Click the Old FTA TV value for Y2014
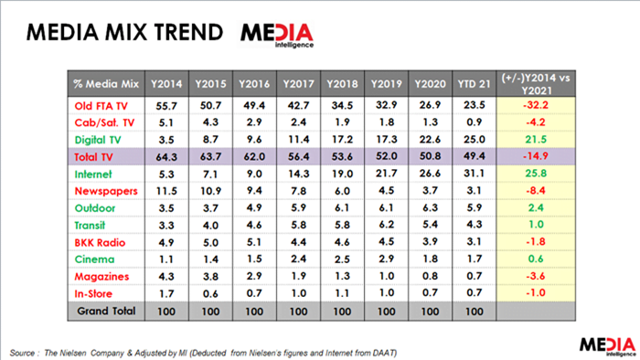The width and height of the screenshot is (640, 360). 166,106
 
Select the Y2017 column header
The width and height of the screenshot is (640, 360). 298,84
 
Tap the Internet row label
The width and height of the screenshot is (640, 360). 92,175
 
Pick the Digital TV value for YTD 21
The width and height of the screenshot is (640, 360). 475,140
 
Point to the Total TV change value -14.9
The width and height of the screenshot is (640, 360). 536,156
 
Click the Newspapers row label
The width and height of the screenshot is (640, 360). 106,191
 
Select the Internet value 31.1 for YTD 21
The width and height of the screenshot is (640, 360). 475,175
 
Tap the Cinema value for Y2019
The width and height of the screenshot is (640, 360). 386,259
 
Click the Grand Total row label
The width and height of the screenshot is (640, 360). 106,311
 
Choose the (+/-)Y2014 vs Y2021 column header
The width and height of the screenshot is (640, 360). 536,84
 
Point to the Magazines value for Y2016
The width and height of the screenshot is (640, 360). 254,276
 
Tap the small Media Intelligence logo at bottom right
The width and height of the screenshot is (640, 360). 608,346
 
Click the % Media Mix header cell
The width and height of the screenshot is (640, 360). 106,84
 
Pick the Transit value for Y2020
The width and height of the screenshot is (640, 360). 431,225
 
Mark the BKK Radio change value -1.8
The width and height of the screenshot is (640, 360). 536,242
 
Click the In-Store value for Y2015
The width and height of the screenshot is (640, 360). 210,293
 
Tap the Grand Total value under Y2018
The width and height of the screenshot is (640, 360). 342,312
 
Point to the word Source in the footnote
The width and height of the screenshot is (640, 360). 22,353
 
